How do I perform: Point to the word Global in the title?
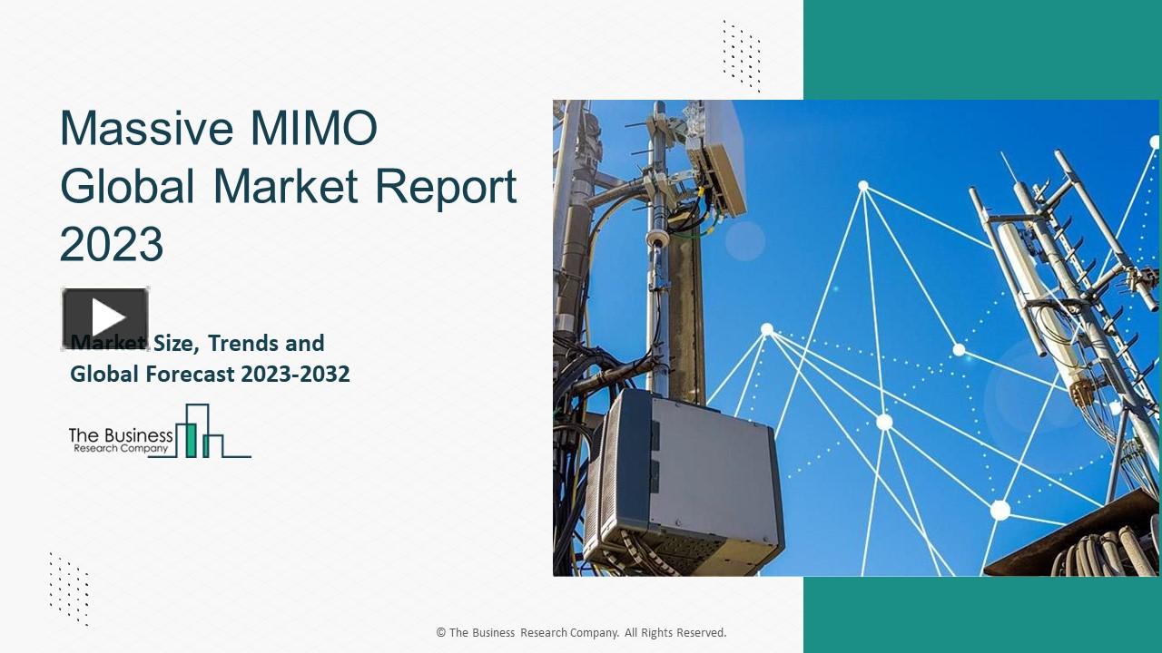coord(127,186)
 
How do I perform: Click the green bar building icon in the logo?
coord(191,439)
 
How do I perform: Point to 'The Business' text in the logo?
coord(120,434)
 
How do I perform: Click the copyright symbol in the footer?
coord(440,633)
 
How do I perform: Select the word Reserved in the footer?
coord(699,633)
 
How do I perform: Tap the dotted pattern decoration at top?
coord(741,55)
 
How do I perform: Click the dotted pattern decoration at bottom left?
coord(69,589)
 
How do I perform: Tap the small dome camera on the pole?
coord(656,239)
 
